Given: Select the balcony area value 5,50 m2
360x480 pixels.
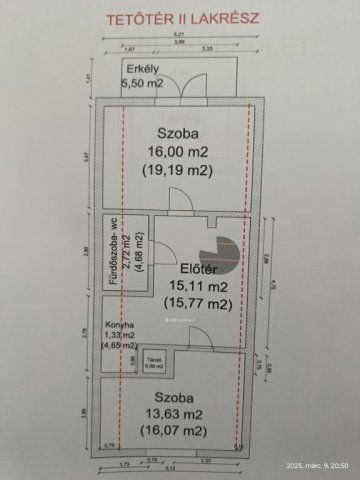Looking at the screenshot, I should coord(142,84).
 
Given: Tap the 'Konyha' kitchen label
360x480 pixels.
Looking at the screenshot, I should coord(118,326).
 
